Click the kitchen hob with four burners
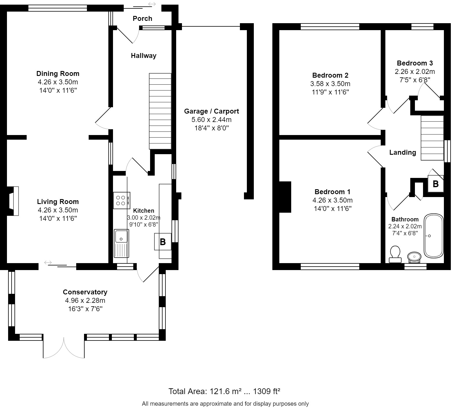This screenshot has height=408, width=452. (x=122, y=201)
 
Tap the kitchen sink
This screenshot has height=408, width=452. (x=121, y=243)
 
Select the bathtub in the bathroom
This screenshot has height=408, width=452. (x=434, y=236)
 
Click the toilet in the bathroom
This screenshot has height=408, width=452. (x=395, y=254)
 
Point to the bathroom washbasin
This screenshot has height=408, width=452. (x=414, y=257)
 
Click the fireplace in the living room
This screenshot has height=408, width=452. (x=14, y=201)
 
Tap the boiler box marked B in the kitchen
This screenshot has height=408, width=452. (x=163, y=242)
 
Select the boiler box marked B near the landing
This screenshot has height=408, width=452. (x=435, y=184)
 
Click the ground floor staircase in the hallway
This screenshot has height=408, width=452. (x=160, y=111)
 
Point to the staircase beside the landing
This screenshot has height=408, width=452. (x=432, y=138)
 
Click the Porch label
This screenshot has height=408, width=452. (x=142, y=19)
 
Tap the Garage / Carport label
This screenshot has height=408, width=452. (x=212, y=111)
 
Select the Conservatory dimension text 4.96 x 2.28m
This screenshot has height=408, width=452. (x=85, y=300)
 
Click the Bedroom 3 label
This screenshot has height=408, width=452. (x=415, y=63)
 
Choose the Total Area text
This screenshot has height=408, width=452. (x=224, y=391)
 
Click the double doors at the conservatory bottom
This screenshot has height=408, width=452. (x=64, y=348)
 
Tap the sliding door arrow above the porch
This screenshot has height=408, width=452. (x=152, y=4)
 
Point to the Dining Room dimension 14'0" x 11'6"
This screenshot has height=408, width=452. (x=58, y=90)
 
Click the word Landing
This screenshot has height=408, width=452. (x=402, y=152)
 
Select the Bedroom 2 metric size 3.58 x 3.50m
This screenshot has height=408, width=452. (x=330, y=84)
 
